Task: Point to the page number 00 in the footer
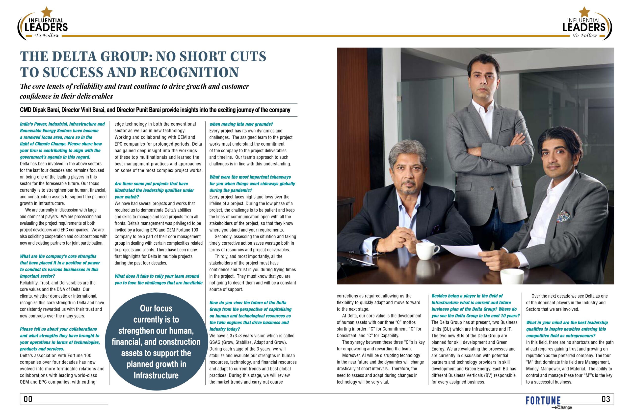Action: click(28, 399)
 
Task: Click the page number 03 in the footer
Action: click(606, 399)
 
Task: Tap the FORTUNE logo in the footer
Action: click(543, 401)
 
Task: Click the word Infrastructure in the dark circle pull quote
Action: click(156, 375)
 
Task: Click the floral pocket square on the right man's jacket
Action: click(564, 216)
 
